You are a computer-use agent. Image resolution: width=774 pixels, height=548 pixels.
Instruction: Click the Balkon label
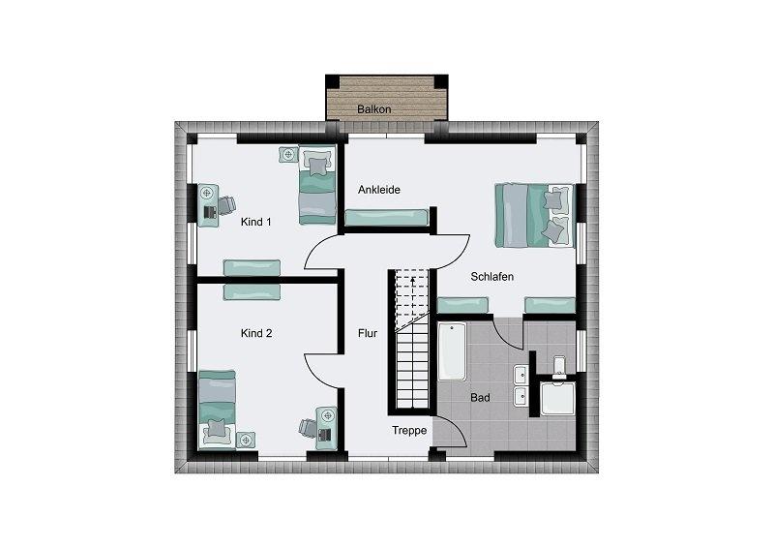tap(374, 109)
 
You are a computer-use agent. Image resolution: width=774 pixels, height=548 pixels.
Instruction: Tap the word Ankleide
tap(379, 190)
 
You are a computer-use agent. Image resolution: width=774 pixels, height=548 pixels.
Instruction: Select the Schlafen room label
tap(492, 277)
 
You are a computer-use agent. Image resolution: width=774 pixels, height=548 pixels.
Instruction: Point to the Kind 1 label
tap(256, 222)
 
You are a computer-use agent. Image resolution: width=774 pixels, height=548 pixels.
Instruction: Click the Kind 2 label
tap(256, 333)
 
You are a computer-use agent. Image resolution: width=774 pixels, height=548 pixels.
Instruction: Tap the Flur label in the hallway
tap(368, 333)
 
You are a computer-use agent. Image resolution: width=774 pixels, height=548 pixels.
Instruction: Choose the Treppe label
tap(409, 431)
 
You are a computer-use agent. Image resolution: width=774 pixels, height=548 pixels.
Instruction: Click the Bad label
tap(480, 398)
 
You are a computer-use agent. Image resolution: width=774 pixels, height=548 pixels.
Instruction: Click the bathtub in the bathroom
tap(452, 351)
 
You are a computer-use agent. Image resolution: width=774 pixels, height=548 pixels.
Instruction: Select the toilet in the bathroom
tap(559, 367)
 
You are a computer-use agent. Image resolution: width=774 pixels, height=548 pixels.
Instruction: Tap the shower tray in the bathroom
tap(558, 398)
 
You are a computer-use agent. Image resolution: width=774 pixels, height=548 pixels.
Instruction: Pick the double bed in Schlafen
tap(535, 216)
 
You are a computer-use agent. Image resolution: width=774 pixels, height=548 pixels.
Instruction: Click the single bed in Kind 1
tap(317, 185)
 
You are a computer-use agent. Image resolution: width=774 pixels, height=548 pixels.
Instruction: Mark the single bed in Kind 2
tap(217, 410)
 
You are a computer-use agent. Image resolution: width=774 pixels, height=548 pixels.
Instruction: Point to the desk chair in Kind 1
tap(226, 205)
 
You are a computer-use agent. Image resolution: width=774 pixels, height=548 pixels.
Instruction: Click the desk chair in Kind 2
tap(309, 427)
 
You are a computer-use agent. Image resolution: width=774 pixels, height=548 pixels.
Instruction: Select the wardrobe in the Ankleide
tap(386, 218)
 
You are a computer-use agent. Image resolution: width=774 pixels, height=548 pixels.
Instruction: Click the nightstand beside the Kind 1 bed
tap(288, 154)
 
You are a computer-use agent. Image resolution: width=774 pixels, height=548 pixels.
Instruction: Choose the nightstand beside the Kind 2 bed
tap(246, 441)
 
